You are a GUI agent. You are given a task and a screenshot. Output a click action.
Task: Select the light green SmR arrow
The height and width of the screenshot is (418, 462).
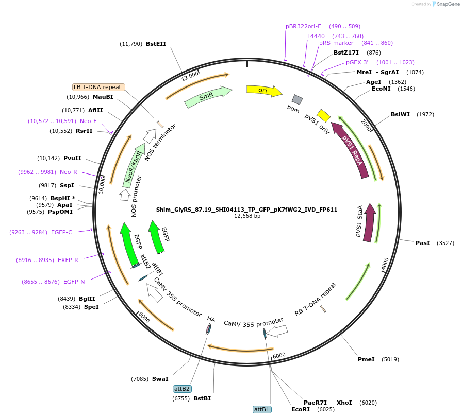[208, 96]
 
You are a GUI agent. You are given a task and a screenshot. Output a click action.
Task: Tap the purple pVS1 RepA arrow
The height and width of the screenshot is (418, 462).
[351, 150]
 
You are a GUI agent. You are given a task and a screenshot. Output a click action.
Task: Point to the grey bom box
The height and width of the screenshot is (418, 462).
[297, 99]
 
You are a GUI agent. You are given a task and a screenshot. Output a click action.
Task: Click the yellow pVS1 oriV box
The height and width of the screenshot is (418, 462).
[323, 115]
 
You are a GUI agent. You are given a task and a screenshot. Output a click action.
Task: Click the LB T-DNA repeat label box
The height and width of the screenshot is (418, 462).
[98, 87]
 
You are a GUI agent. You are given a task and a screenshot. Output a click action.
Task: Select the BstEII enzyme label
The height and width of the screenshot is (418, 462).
[156, 44]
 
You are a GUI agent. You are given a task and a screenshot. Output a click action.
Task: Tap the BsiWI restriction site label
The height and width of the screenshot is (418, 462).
[400, 114]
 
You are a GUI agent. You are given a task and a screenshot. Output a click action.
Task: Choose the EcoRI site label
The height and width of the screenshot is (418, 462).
[301, 409]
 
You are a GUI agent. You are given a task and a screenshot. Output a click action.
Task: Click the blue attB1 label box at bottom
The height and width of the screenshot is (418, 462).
[261, 409]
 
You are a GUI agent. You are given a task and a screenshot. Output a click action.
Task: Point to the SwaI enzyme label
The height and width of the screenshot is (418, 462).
[160, 379]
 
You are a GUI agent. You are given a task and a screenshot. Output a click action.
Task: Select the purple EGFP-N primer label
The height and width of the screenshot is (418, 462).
[74, 282]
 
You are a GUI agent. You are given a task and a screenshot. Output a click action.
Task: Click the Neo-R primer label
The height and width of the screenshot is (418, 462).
[69, 172]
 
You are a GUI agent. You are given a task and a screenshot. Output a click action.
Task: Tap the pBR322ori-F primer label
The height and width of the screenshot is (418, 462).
[303, 26]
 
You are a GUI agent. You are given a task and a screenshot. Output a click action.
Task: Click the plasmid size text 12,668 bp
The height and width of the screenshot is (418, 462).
[247, 216]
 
